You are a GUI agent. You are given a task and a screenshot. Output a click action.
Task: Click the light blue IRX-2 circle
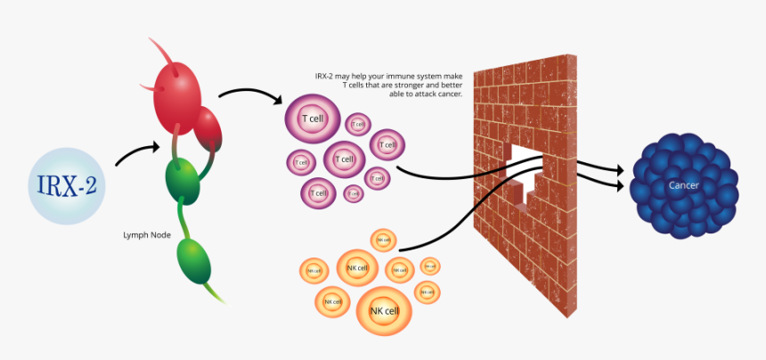click(67, 185)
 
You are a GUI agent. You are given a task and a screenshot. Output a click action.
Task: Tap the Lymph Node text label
click(147, 235)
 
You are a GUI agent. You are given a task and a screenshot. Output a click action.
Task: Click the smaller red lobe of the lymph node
click(208, 128)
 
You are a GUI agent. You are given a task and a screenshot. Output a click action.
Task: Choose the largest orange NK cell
click(385, 309)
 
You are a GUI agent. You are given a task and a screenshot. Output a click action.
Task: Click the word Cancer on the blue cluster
click(684, 185)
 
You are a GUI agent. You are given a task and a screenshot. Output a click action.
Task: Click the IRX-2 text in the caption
click(326, 78)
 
